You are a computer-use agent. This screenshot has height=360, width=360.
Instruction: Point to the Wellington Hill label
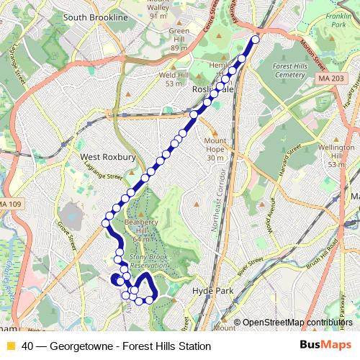point(337,152)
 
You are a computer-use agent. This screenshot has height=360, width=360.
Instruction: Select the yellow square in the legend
point(9,346)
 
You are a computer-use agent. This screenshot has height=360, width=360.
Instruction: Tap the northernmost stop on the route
point(255,40)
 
